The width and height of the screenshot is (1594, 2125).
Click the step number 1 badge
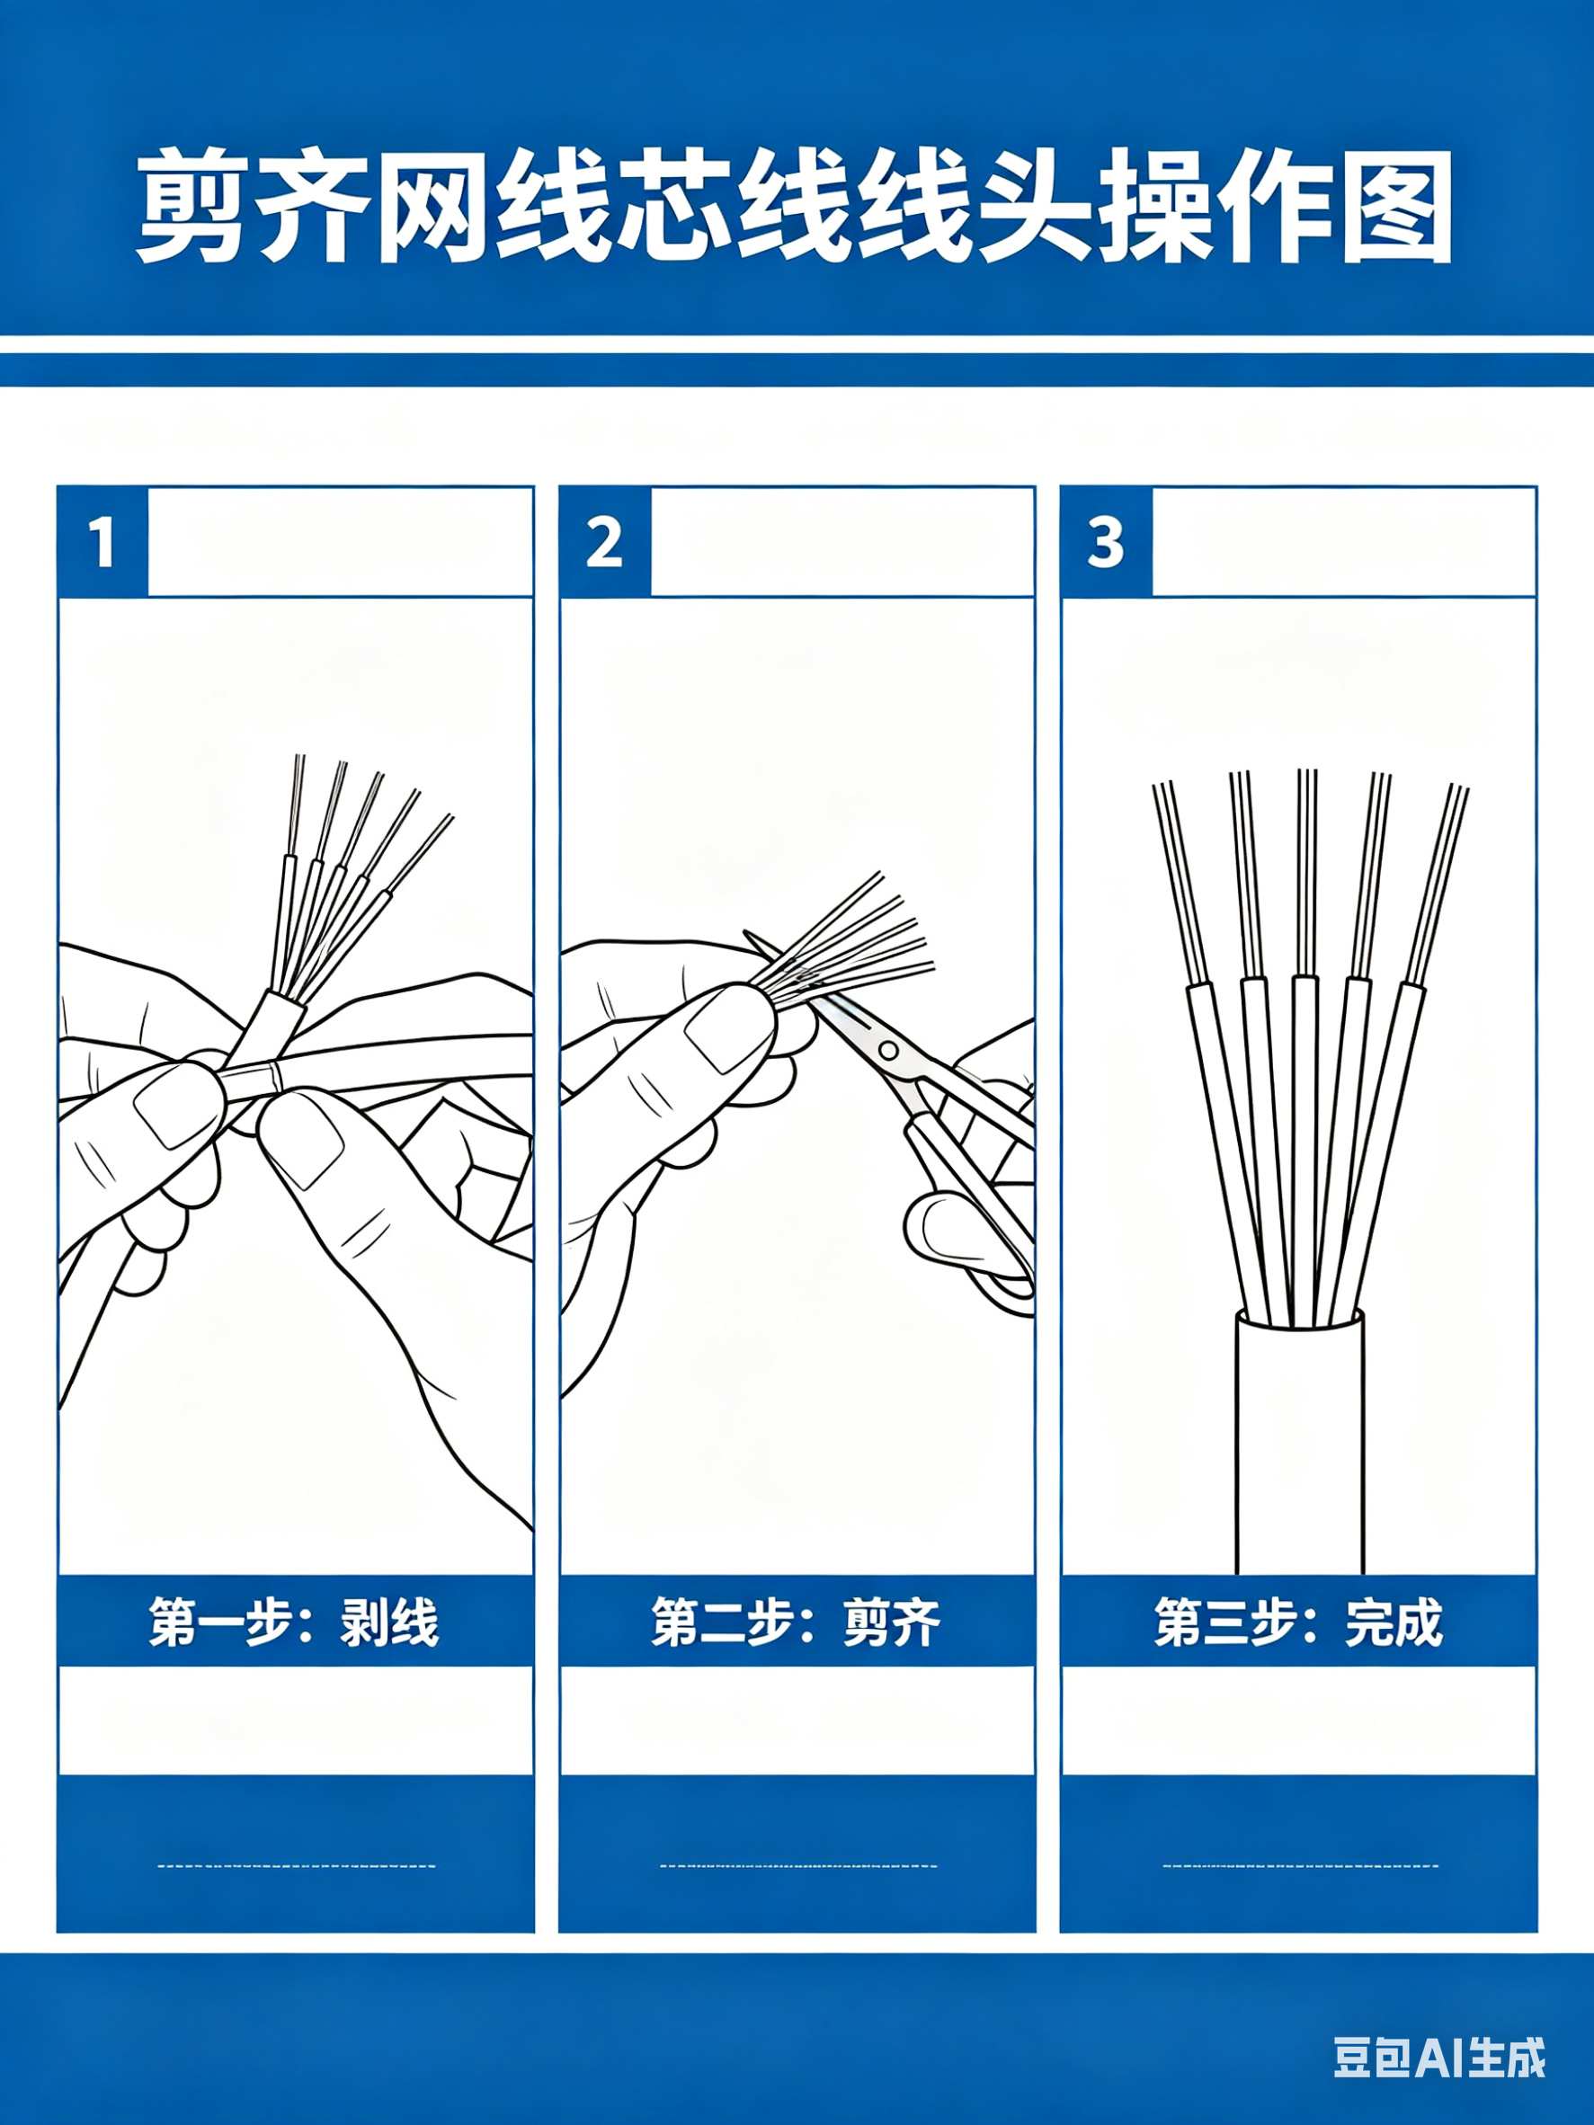pyautogui.click(x=102, y=542)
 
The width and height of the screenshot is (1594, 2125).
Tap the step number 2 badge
pyautogui.click(x=605, y=542)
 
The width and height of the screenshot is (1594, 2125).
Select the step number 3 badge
pyautogui.click(x=1106, y=542)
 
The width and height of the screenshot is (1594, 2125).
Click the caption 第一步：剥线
pyautogui.click(x=294, y=1623)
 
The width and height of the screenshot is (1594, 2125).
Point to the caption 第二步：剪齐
pyautogui.click(x=797, y=1623)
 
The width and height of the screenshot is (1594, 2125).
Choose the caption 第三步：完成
pyautogui.click(x=1298, y=1623)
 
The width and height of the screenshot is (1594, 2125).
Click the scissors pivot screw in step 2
pyautogui.click(x=889, y=1051)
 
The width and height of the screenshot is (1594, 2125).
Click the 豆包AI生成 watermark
pyautogui.click(x=1439, y=2058)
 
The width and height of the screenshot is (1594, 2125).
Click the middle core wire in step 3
pyautogui.click(x=1305, y=1047)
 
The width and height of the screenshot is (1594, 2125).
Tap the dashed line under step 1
pyautogui.click(x=296, y=1867)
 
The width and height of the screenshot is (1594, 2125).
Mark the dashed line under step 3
pyautogui.click(x=1300, y=1867)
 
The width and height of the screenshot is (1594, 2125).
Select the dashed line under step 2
pyautogui.click(x=798, y=1867)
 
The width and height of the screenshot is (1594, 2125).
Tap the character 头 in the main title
pyautogui.click(x=1036, y=205)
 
